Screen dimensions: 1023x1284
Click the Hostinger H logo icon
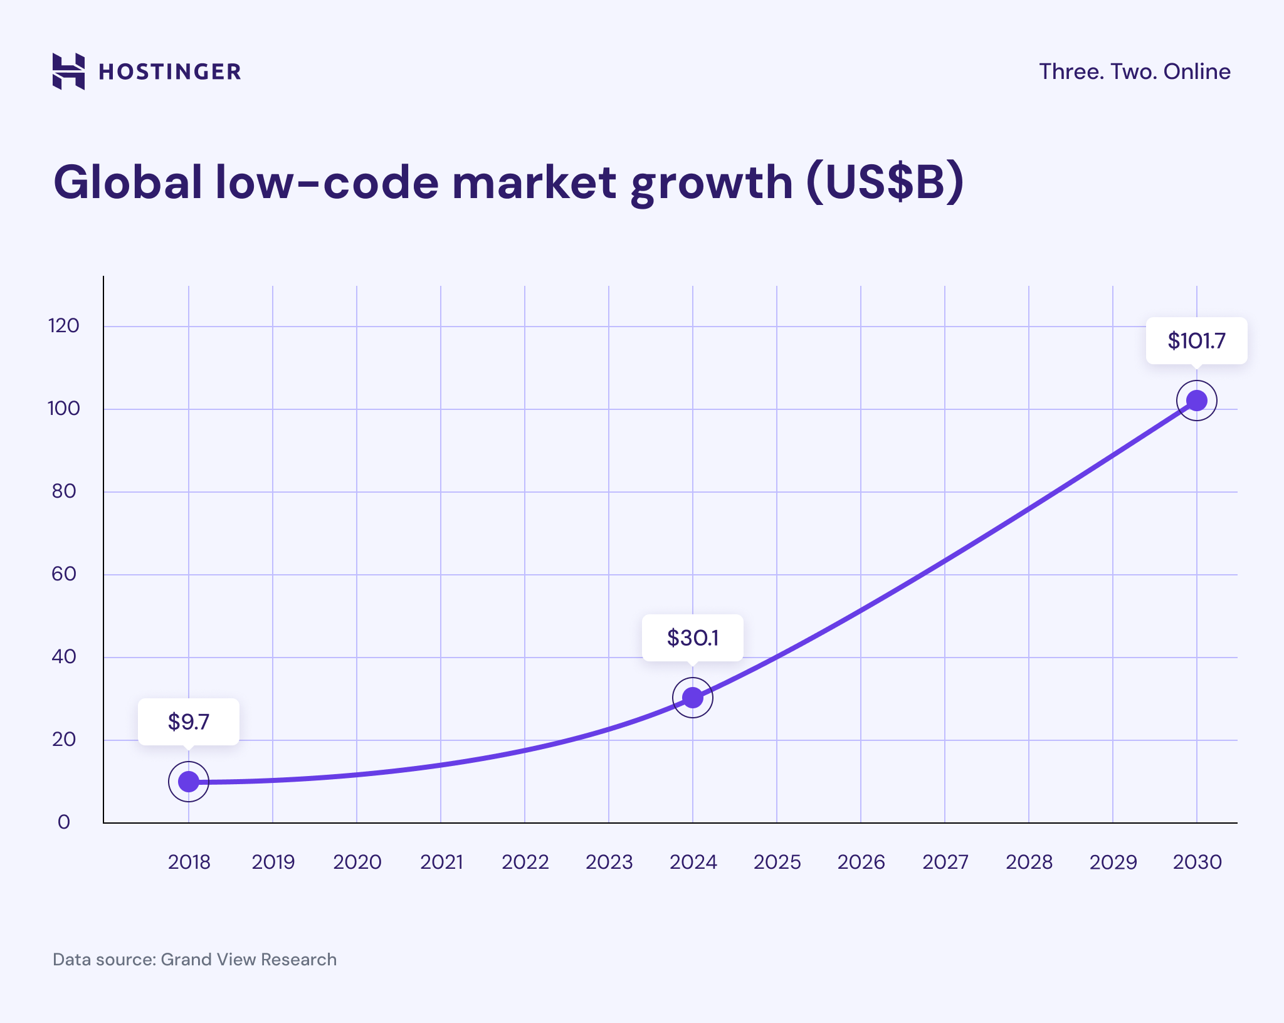point(68,71)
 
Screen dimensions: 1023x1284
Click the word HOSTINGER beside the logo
point(170,72)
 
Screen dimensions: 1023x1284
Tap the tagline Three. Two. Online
point(1134,71)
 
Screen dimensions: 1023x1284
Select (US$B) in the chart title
point(885,182)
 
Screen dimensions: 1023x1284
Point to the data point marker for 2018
point(189,782)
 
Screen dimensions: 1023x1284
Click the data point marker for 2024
point(692,697)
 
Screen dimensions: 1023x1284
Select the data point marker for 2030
point(1196,401)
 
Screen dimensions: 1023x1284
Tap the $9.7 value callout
point(189,722)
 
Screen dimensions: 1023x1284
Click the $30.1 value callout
point(692,638)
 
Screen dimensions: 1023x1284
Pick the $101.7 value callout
point(1196,341)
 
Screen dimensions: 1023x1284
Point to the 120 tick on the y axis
point(64,326)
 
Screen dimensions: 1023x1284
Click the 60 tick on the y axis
point(64,574)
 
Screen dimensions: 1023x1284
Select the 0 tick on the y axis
point(64,822)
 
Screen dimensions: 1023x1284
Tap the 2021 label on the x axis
point(441,863)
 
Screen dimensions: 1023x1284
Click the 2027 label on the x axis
point(945,863)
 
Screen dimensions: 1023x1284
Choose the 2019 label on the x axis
point(273,863)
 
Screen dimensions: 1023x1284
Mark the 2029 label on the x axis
point(1113,863)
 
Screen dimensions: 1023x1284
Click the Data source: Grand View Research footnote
point(194,960)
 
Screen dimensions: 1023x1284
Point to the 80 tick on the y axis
point(64,491)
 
